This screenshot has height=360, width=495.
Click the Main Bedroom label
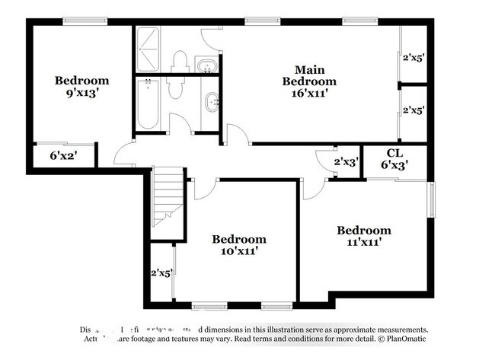tap(308, 75)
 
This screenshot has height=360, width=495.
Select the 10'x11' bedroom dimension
tap(239, 251)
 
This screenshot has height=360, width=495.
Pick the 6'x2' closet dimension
tap(64, 155)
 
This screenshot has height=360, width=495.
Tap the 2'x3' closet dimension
tap(346, 162)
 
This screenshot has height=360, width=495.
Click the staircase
tap(168, 198)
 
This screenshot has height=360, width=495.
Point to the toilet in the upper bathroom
tap(180, 61)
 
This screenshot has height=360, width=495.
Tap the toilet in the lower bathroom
tap(174, 90)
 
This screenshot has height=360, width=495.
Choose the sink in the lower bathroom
tap(212, 100)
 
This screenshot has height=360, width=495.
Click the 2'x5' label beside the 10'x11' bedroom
tap(161, 272)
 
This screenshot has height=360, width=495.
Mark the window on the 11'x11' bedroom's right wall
tap(433, 199)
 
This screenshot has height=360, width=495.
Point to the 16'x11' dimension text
tap(308, 94)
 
